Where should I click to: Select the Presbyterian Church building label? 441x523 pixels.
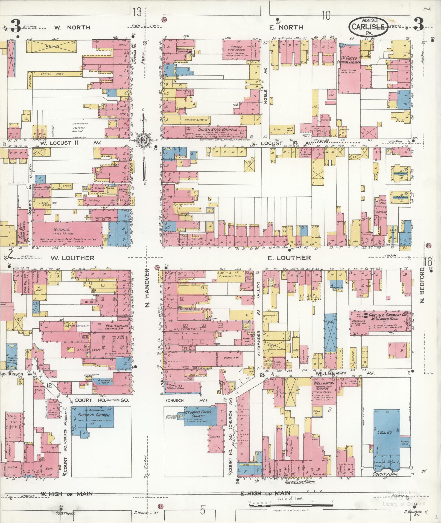coord(93,415)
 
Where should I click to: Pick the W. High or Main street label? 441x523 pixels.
coord(66,493)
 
